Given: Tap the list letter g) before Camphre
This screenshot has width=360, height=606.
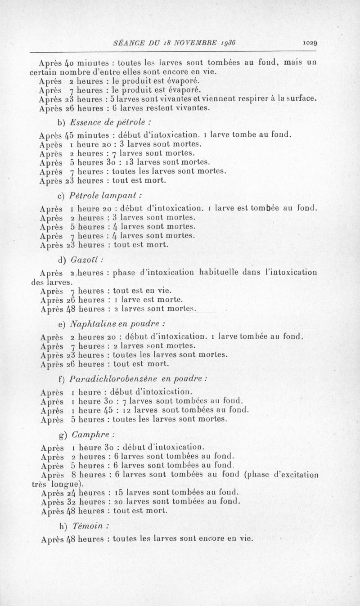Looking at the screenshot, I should tap(63, 435).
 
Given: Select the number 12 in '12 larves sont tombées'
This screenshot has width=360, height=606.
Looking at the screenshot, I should tap(127, 410).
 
